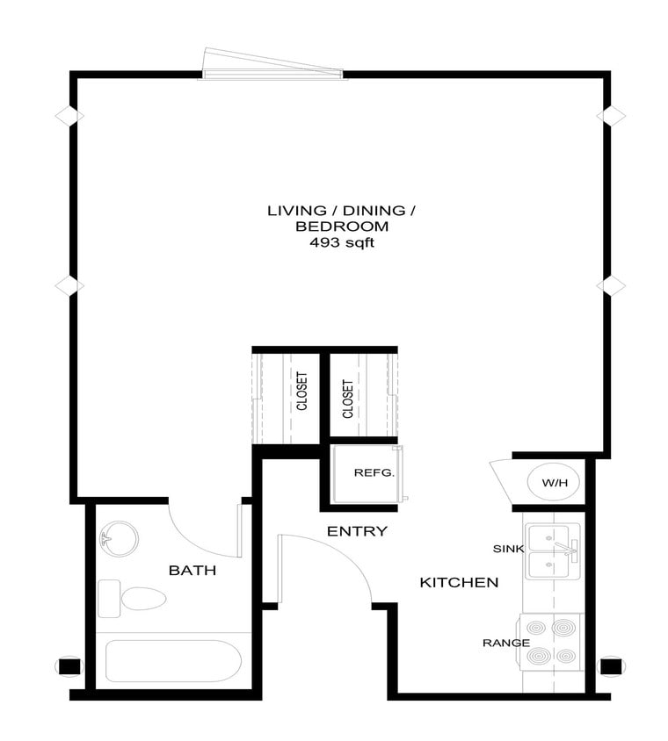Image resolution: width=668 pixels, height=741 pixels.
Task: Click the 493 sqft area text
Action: (341, 242)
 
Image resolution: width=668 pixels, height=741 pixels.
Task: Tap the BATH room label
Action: (192, 571)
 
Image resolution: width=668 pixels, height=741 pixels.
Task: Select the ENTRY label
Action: (357, 531)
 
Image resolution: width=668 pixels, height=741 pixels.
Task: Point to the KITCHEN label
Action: (459, 582)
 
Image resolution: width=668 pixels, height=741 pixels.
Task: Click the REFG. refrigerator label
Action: (374, 472)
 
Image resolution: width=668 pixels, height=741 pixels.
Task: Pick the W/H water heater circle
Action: (554, 482)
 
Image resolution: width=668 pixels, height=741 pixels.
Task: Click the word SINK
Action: (508, 549)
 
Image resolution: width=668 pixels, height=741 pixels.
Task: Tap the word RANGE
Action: (505, 643)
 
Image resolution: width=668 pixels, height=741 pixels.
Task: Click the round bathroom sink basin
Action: (120, 538)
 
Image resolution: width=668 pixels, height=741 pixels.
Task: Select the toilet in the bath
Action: (141, 599)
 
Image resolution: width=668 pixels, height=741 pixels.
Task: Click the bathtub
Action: (173, 661)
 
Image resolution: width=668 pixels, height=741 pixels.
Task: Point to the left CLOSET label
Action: (301, 392)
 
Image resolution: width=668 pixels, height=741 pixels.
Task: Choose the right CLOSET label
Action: (348, 398)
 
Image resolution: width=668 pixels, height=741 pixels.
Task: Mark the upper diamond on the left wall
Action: (69, 115)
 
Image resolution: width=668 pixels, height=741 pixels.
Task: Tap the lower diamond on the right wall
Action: (611, 285)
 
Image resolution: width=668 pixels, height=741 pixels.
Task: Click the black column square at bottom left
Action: (69, 665)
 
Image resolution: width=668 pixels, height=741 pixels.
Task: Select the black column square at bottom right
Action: (610, 665)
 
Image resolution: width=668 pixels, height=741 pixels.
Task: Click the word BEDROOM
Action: (341, 227)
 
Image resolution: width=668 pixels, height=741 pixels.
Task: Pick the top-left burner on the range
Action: (536, 629)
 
